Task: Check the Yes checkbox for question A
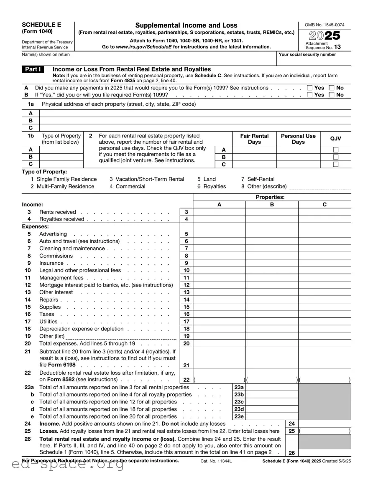(x=309, y=88)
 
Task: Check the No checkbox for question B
(x=332, y=95)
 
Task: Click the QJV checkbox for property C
(x=335, y=165)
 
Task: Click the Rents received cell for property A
(x=219, y=212)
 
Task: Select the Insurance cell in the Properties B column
(x=272, y=264)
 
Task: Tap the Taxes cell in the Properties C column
(x=324, y=315)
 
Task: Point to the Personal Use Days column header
(x=298, y=139)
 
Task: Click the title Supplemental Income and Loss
(x=186, y=25)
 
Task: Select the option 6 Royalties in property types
(x=212, y=187)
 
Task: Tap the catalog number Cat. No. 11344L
(x=216, y=461)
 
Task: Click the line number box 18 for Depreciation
(x=186, y=329)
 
